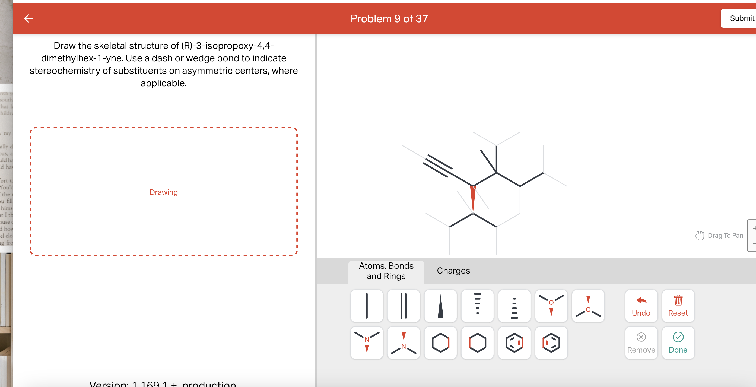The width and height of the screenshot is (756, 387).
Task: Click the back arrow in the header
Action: pos(28,18)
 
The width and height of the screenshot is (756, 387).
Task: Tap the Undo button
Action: pos(641,306)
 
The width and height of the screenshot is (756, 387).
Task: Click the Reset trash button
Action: pos(678,306)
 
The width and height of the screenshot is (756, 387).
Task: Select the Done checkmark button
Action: pos(678,342)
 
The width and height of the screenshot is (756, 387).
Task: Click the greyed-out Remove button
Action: pos(641,342)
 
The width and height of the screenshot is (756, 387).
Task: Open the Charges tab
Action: pos(453,271)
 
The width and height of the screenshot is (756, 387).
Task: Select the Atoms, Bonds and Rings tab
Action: pos(386,271)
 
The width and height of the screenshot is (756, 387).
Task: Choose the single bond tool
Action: pos(367,306)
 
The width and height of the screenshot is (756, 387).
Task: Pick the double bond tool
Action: pos(404,306)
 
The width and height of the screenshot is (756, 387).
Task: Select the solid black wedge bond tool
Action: pos(440,306)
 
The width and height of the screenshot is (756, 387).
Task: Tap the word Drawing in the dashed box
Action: pos(163,192)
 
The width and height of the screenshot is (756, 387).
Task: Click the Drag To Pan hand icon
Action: pos(700,235)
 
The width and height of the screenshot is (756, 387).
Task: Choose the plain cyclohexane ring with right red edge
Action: pos(440,342)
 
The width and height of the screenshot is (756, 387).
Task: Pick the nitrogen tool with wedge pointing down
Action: pos(367,342)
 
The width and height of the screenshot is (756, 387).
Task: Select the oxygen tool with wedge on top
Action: pos(588,306)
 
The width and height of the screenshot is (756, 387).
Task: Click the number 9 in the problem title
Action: pos(397,19)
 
